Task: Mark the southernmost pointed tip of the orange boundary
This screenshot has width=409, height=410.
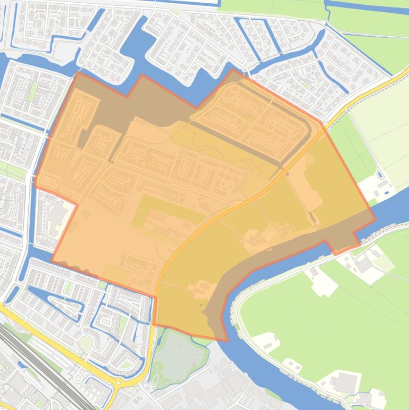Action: point(226,340)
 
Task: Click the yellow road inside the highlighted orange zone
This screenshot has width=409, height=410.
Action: point(213,218)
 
